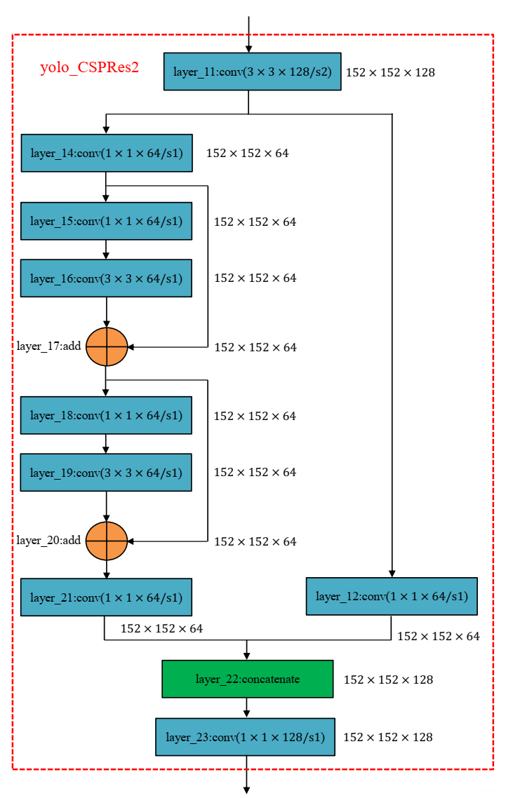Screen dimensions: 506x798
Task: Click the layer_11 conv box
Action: click(252, 72)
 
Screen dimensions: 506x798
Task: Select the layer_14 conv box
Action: click(107, 153)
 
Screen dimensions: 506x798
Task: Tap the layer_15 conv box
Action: click(107, 221)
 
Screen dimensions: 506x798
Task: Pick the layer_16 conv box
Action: click(107, 278)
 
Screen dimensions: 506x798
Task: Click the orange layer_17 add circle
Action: click(107, 347)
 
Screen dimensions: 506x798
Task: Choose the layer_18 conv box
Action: click(107, 415)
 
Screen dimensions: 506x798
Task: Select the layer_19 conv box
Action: click(107, 473)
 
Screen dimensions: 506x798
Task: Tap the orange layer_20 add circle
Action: click(107, 541)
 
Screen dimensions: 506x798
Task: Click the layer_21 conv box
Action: click(107, 597)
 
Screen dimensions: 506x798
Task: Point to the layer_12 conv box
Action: click(392, 596)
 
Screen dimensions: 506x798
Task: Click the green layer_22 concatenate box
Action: click(248, 679)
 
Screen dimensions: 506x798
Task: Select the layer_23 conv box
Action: click(245, 737)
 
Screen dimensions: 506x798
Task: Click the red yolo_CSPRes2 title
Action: click(90, 68)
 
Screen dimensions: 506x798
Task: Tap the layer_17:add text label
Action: click(49, 346)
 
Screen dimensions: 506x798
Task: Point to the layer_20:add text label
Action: click(49, 540)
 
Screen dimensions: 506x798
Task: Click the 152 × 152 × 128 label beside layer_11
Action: click(390, 72)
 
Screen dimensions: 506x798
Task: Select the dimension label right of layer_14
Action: click(248, 153)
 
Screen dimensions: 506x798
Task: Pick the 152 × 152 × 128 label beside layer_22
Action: click(388, 680)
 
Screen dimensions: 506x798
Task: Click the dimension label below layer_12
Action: click(439, 636)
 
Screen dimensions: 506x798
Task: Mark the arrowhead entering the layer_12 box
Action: click(392, 574)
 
